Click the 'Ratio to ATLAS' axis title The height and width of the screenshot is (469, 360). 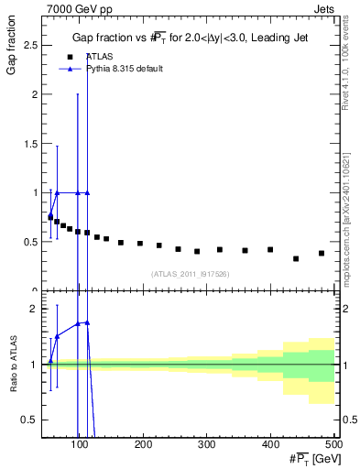click(11, 387)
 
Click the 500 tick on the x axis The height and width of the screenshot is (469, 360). click(333, 444)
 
